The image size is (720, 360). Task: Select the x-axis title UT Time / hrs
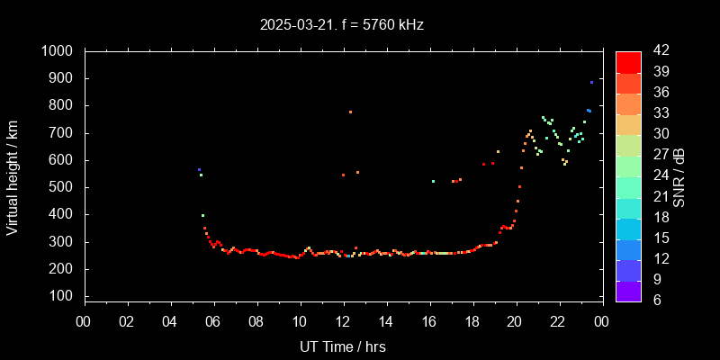coord(343,346)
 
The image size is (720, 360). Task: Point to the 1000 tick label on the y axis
coord(58,51)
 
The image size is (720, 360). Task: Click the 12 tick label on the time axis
coord(343,320)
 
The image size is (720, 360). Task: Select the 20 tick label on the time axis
coord(515,320)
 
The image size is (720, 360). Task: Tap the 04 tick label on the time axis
coord(170,320)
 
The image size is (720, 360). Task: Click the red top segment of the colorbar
coord(628,61)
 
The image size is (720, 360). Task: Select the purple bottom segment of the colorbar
coord(628,291)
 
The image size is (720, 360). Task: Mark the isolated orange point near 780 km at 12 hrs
coord(350,112)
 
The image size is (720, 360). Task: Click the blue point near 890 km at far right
coord(591,82)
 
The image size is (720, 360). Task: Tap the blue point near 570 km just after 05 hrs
coord(199,169)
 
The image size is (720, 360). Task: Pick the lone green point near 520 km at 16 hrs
coord(433,181)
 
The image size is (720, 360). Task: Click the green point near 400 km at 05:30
coord(202,215)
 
